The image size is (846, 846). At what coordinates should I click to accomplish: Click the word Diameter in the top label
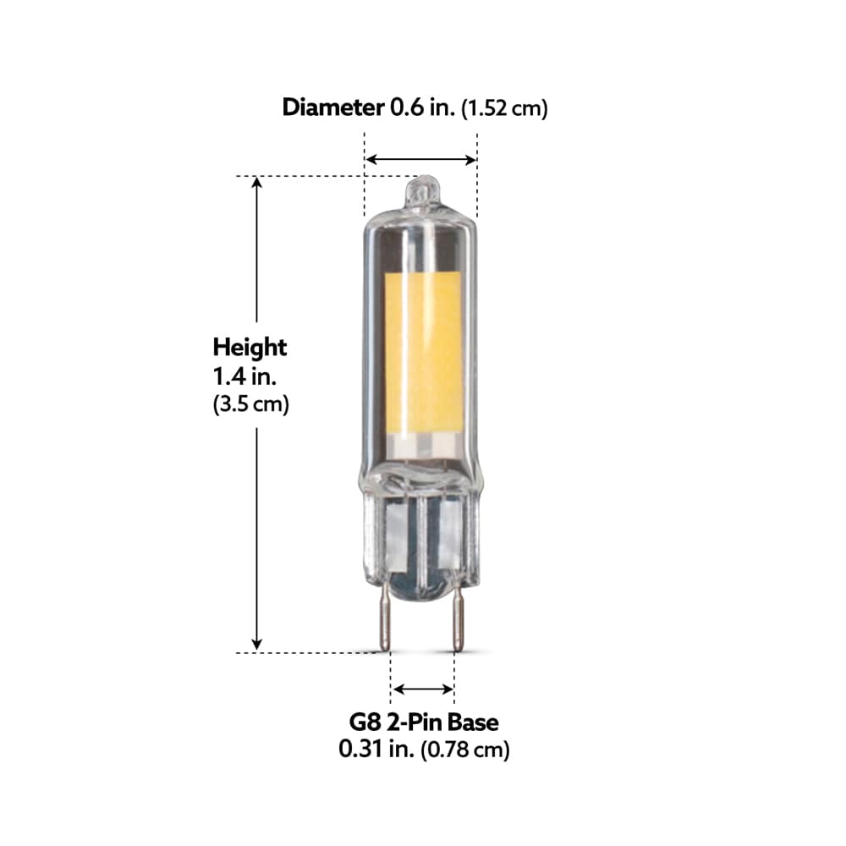tap(332, 107)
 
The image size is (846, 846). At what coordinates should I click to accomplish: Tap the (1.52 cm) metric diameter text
tap(504, 109)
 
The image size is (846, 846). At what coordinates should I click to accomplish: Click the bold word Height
tap(250, 347)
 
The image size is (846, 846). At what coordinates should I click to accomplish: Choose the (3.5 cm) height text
tap(250, 404)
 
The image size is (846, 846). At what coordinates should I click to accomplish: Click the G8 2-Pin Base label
tap(423, 722)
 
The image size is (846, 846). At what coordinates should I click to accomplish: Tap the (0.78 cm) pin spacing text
tap(465, 750)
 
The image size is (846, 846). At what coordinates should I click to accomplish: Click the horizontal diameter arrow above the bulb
tap(420, 159)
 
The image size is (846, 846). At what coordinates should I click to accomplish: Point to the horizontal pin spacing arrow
tap(424, 689)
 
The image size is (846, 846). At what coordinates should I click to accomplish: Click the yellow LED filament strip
tap(423, 351)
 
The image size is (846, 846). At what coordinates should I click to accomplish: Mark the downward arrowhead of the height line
tap(258, 644)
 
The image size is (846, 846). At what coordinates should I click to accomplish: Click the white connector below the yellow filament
tap(424, 444)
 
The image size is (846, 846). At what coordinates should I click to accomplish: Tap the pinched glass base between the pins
tap(421, 541)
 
